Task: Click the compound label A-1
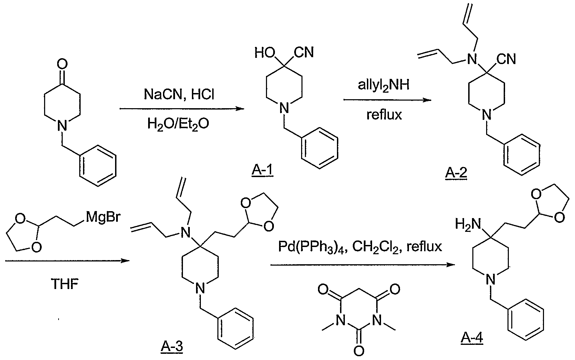click(x=262, y=171)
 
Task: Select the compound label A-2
click(x=456, y=173)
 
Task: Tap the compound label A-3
click(x=172, y=347)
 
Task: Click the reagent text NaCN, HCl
click(x=179, y=94)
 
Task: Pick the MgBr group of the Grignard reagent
click(x=103, y=217)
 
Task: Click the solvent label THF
click(x=65, y=284)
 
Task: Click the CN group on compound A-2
click(x=506, y=59)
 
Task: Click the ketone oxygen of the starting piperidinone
click(x=62, y=63)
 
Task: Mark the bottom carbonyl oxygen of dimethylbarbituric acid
click(x=359, y=350)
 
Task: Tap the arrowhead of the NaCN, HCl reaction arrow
click(x=240, y=109)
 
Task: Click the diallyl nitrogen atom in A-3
click(x=185, y=233)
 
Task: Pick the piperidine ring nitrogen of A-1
click(x=284, y=108)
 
